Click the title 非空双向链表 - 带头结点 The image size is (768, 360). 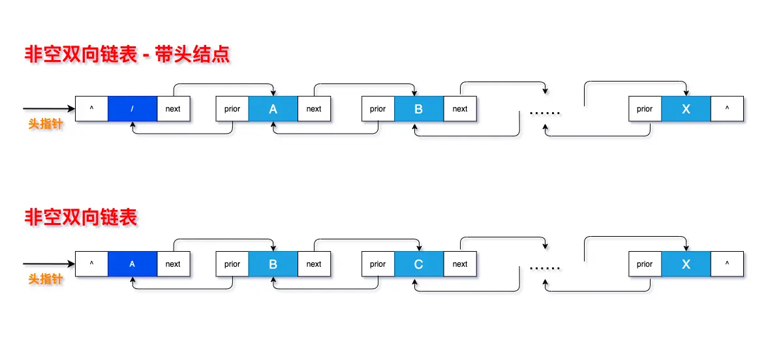[x=127, y=54]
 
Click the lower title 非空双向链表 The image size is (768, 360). [x=81, y=217]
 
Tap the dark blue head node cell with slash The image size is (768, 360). [x=132, y=109]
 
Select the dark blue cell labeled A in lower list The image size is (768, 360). [x=132, y=264]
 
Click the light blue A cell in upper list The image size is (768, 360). [x=273, y=109]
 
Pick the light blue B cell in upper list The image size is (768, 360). [x=419, y=109]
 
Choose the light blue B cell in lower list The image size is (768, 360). [x=273, y=264]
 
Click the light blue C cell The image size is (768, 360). [x=419, y=264]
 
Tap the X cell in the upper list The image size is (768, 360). [x=686, y=109]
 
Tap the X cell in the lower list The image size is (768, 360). [x=686, y=264]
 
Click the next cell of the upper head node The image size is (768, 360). [x=173, y=109]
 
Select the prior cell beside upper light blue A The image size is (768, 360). [x=232, y=109]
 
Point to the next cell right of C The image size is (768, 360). [x=460, y=264]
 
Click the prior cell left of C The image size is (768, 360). [x=378, y=264]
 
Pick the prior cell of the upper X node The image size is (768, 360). [x=645, y=109]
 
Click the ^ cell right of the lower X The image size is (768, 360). [x=727, y=264]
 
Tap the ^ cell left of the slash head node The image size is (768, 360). [x=91, y=109]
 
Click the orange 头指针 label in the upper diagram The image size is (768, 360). [x=46, y=124]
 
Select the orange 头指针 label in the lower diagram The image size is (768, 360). [x=46, y=279]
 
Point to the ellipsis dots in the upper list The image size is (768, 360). [x=545, y=113]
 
